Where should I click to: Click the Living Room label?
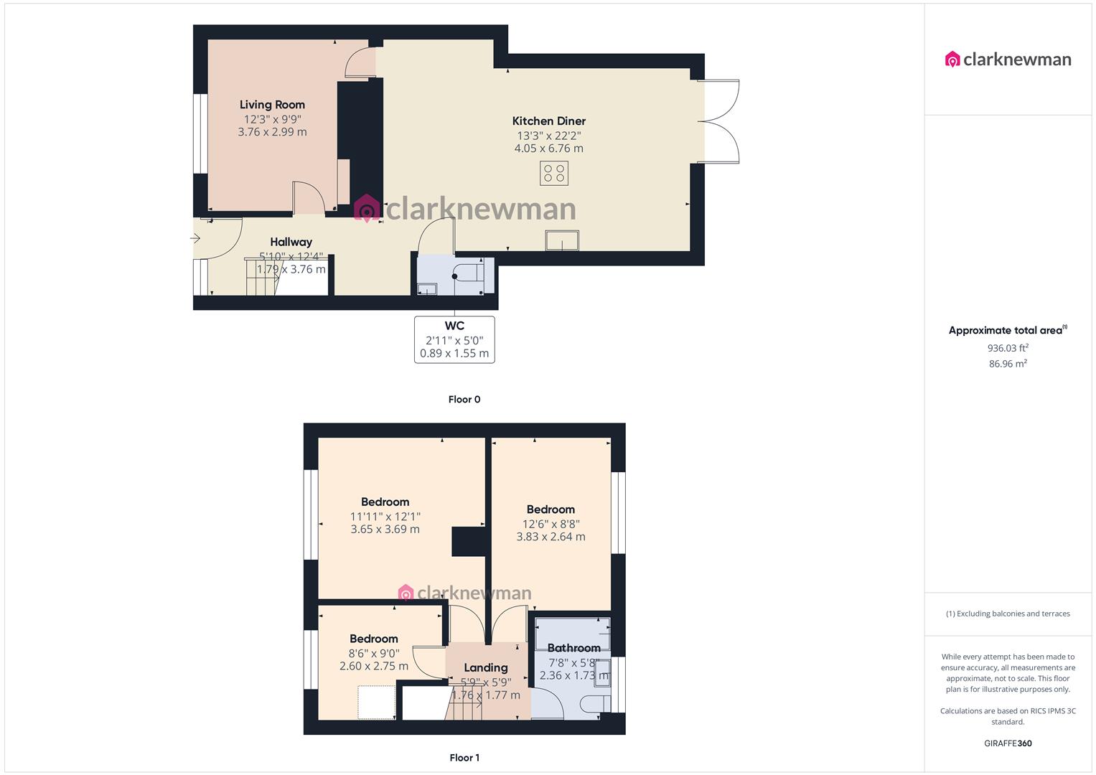click(272, 105)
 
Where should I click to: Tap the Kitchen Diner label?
click(548, 121)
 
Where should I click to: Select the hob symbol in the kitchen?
click(554, 173)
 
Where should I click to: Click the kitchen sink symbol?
click(562, 240)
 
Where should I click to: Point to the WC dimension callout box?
click(454, 339)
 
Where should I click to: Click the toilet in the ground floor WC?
click(470, 274)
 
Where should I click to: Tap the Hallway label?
click(291, 242)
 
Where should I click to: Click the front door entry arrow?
click(195, 239)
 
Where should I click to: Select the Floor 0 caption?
click(464, 400)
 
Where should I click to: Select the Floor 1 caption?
click(464, 758)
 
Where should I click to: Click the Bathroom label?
click(573, 648)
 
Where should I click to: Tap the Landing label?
click(485, 667)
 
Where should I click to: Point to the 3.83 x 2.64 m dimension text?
click(551, 537)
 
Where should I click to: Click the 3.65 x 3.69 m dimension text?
click(385, 530)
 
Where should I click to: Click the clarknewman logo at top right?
click(1008, 60)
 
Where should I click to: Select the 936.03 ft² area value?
click(1008, 348)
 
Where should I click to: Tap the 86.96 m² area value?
click(1008, 364)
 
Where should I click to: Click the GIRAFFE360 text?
click(1008, 743)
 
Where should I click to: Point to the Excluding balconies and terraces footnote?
click(1008, 614)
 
